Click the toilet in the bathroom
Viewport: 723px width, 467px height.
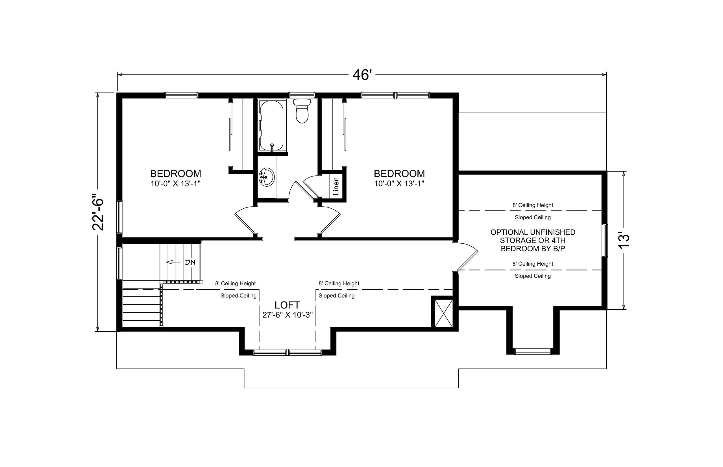point(302,111)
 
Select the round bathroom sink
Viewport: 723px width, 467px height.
point(266,177)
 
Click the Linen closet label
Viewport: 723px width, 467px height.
point(336,186)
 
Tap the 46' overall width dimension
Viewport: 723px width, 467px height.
point(362,75)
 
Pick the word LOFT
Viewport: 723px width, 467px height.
point(287,305)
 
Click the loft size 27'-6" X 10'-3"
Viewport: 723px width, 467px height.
point(287,315)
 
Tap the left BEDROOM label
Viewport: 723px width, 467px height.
point(175,174)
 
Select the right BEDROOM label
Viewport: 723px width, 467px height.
point(399,174)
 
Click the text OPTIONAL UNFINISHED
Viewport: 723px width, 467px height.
point(533,232)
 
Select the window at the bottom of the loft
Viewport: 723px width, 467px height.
point(287,353)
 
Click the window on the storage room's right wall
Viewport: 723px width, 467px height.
point(605,241)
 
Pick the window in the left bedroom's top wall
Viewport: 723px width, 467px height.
point(181,96)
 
